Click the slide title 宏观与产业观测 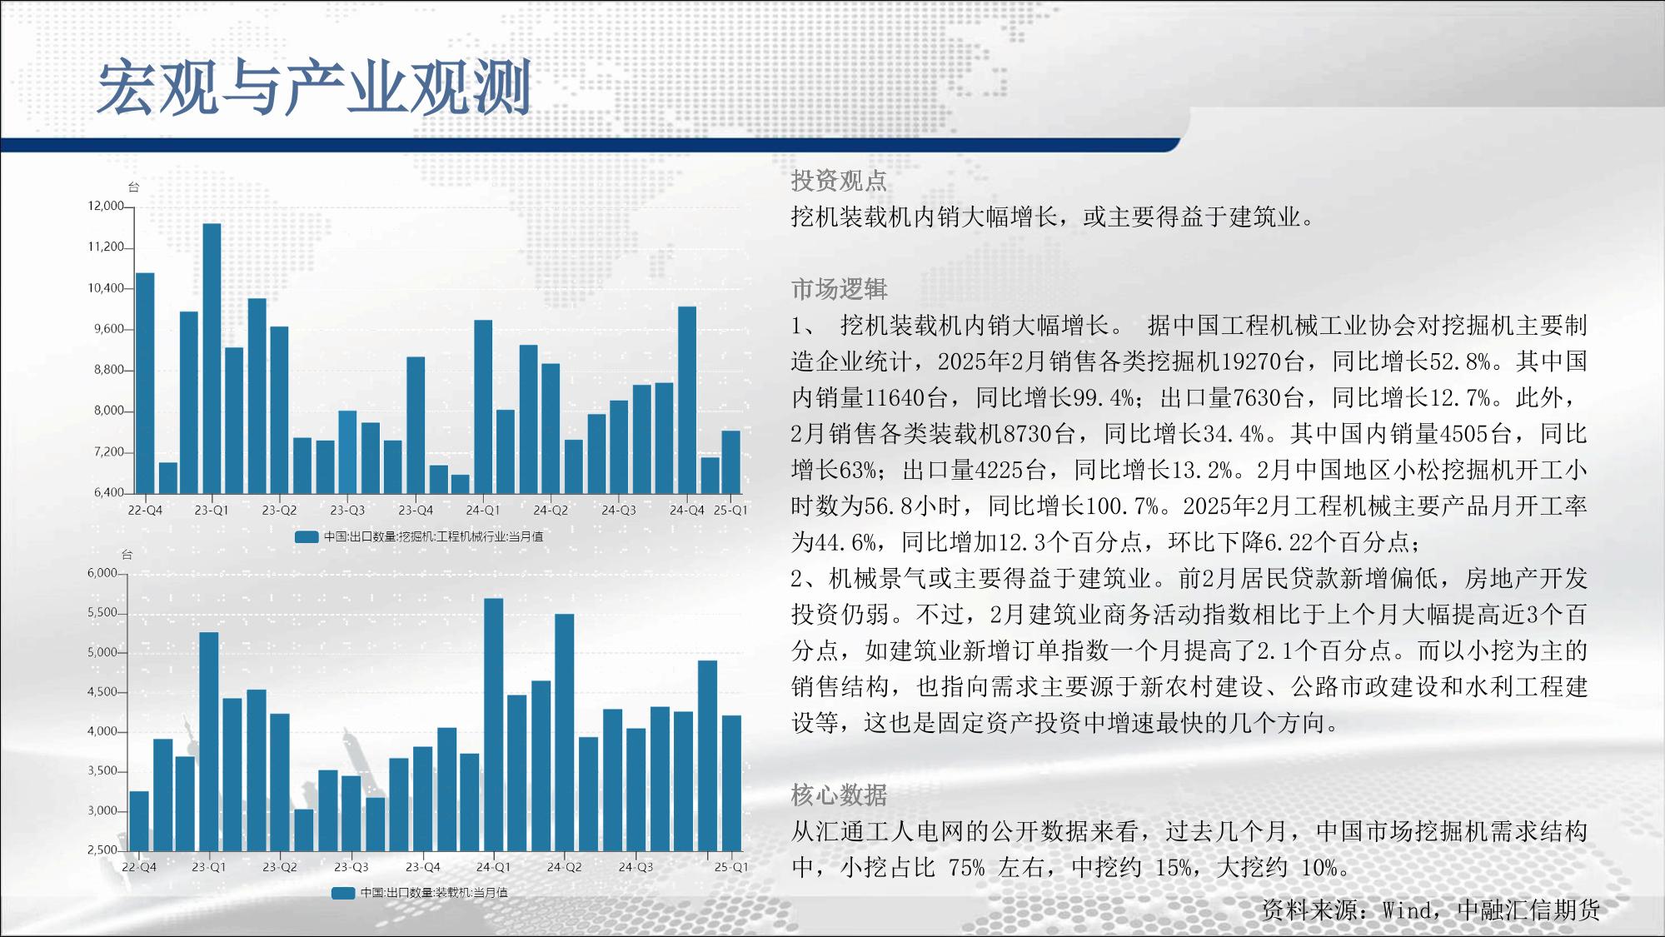coord(315,87)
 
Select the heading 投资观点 coord(839,181)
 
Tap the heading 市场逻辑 coord(839,289)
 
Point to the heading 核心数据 coord(839,795)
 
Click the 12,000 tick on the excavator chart coord(106,206)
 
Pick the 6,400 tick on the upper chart coord(108,492)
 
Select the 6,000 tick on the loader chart coord(102,573)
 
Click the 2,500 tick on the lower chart coord(102,850)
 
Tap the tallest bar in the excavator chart coord(212,358)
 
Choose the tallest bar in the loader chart coord(493,725)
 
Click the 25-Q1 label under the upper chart coord(730,510)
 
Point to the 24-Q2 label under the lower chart coord(564,867)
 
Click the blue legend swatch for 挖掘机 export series coord(307,537)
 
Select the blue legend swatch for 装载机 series coord(343,894)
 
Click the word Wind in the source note coord(1407,910)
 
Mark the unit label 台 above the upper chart coord(132,187)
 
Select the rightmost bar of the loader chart coord(731,783)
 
